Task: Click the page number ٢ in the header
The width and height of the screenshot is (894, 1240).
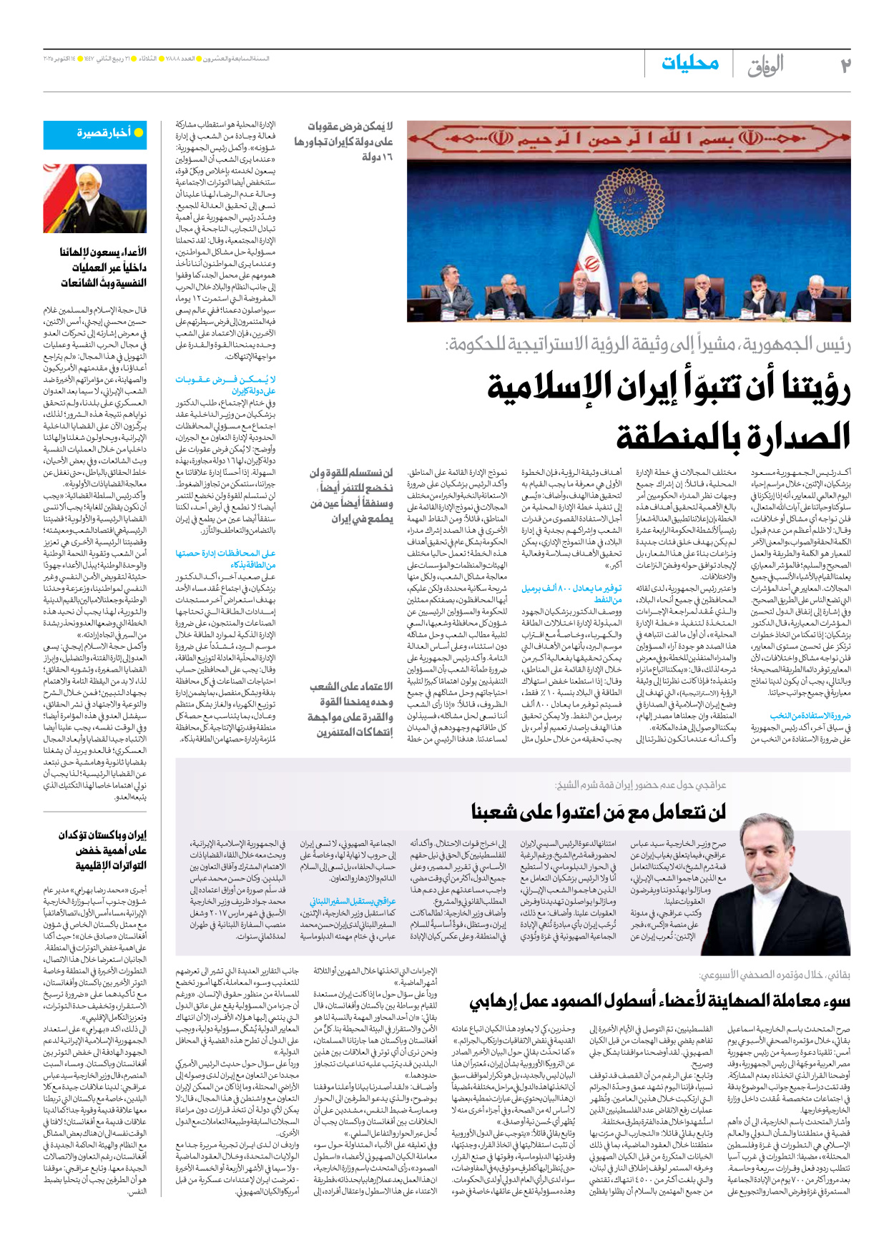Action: [845, 66]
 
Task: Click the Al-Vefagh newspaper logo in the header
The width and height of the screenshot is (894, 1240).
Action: [765, 66]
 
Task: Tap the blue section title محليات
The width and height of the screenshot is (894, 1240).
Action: [689, 64]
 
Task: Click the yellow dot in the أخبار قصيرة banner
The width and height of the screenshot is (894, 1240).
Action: [139, 133]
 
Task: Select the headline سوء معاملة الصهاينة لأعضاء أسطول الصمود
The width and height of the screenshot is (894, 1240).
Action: [659, 1000]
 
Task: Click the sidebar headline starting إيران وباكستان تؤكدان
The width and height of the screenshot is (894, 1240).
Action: [103, 850]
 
